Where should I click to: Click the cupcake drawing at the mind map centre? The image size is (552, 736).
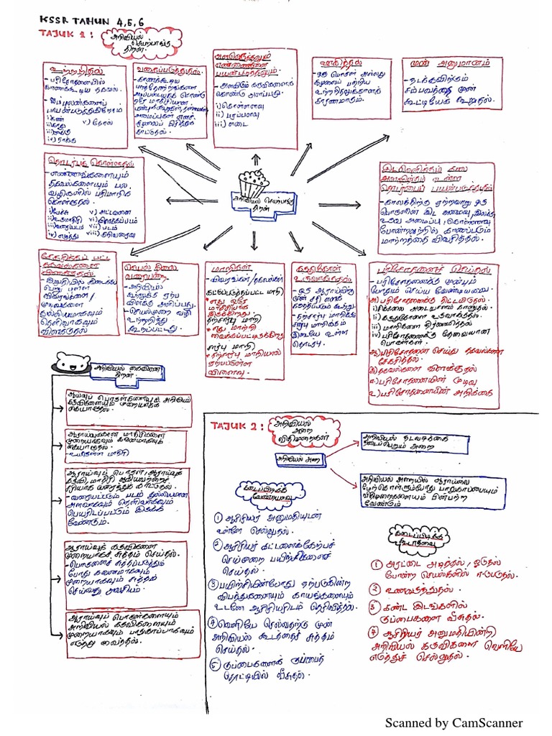tap(250, 185)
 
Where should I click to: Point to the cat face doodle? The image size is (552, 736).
tap(72, 364)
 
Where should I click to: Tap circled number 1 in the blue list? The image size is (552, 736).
tap(217, 518)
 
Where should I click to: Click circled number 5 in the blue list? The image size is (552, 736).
tap(215, 665)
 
